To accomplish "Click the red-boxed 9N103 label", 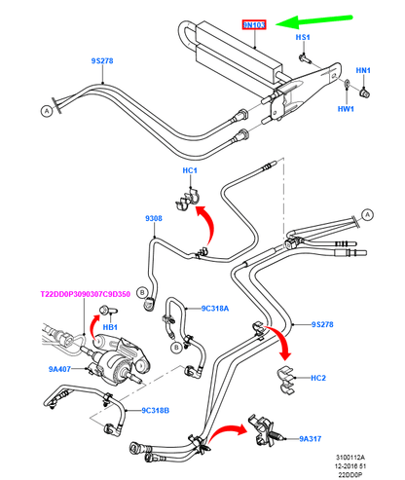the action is (x=254, y=24).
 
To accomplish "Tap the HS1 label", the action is (x=303, y=37).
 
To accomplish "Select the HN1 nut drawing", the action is (x=365, y=93).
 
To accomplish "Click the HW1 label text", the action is (x=346, y=109).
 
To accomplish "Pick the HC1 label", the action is (x=190, y=170).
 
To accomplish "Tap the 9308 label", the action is (x=154, y=218).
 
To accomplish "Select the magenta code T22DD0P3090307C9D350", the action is (x=85, y=294).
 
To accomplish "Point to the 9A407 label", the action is (x=59, y=369).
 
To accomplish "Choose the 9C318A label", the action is (x=215, y=309).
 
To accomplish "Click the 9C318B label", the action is (x=155, y=411).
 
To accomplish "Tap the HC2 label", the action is (x=318, y=378).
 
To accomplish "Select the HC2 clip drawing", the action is (x=286, y=379).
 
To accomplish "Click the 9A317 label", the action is (x=310, y=439).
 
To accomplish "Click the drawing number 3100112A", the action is (x=350, y=458).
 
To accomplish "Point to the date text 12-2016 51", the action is (x=350, y=466).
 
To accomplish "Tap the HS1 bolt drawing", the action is (x=305, y=59).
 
